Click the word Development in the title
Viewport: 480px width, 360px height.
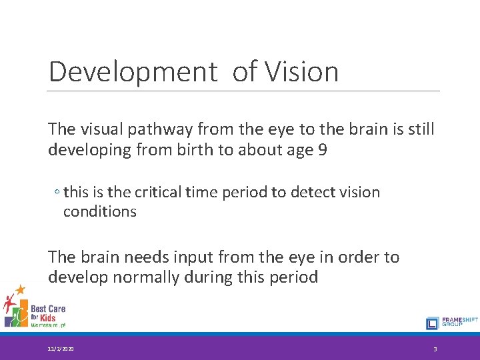(x=133, y=72)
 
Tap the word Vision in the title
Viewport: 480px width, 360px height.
(x=304, y=72)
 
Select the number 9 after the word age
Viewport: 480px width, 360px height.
(x=323, y=150)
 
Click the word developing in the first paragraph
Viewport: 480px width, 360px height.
(x=90, y=150)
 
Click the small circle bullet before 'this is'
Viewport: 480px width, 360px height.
(x=57, y=193)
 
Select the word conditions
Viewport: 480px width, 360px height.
(x=100, y=212)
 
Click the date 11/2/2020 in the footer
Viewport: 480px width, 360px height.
(x=61, y=349)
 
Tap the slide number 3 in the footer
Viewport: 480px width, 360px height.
(x=435, y=349)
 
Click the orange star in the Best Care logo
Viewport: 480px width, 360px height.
(x=21, y=289)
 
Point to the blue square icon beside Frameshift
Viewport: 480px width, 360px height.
(x=432, y=323)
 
